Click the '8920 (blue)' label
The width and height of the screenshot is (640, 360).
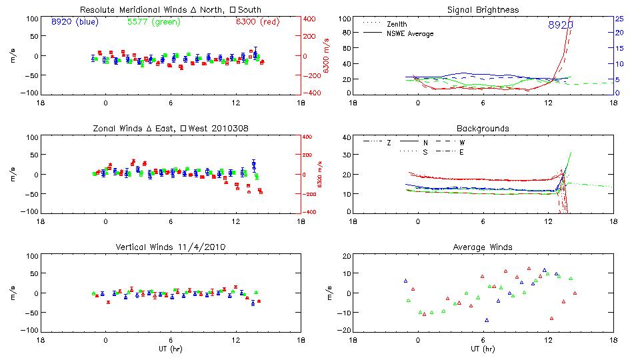coord(75,22)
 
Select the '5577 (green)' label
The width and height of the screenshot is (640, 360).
coord(153,22)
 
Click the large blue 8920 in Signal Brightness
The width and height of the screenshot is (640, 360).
coord(561,25)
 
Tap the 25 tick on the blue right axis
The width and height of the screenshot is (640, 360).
coord(619,18)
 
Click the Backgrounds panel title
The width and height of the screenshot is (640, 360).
coord(483,128)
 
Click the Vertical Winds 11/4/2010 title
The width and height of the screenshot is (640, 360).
coord(170,247)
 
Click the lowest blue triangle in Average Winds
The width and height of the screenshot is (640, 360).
coord(487,321)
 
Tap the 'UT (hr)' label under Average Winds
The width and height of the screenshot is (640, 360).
coord(483,349)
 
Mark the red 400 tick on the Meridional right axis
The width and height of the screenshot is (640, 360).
coord(309,19)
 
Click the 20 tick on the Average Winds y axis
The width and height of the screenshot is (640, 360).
coord(345,256)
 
